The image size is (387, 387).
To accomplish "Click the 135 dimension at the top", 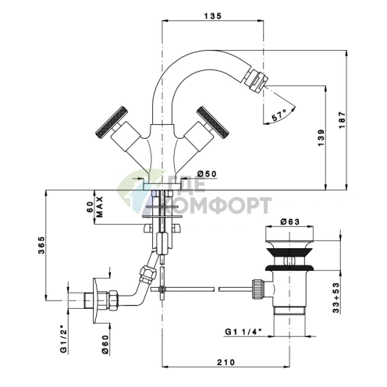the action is (212, 16).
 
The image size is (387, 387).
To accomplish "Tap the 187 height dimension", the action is (343, 119).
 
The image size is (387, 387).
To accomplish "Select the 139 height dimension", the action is (321, 137).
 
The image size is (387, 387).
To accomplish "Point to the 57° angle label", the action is (279, 115).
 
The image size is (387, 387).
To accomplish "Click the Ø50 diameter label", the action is (207, 173).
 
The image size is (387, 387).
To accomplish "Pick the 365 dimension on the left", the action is (41, 245).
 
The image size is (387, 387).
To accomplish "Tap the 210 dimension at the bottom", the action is (226, 362).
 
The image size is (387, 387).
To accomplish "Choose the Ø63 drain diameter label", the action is (290, 222).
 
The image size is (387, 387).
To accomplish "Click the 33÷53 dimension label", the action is (336, 297).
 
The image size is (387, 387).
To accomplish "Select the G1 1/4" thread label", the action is (243, 332).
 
